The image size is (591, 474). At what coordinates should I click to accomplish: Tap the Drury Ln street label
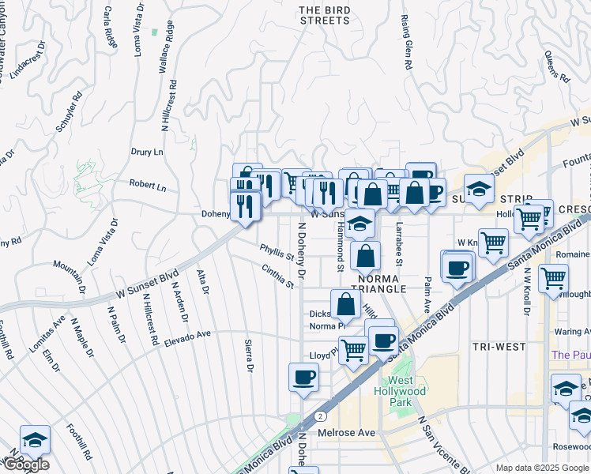(146, 151)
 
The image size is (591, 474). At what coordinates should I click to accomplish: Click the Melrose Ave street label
(346, 433)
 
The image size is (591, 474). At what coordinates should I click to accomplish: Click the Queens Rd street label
(557, 66)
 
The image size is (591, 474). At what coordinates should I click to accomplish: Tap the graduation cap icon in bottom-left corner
(35, 438)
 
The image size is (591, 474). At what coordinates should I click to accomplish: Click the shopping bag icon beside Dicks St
(346, 304)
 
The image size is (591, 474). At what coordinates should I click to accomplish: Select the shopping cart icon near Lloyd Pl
(353, 348)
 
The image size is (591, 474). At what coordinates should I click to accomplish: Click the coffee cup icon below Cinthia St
(303, 377)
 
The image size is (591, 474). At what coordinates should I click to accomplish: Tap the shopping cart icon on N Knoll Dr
(554, 277)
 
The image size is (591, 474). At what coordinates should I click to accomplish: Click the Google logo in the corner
(26, 465)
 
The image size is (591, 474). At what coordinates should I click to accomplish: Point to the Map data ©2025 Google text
(541, 468)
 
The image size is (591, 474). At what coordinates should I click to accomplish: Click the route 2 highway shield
(320, 416)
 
